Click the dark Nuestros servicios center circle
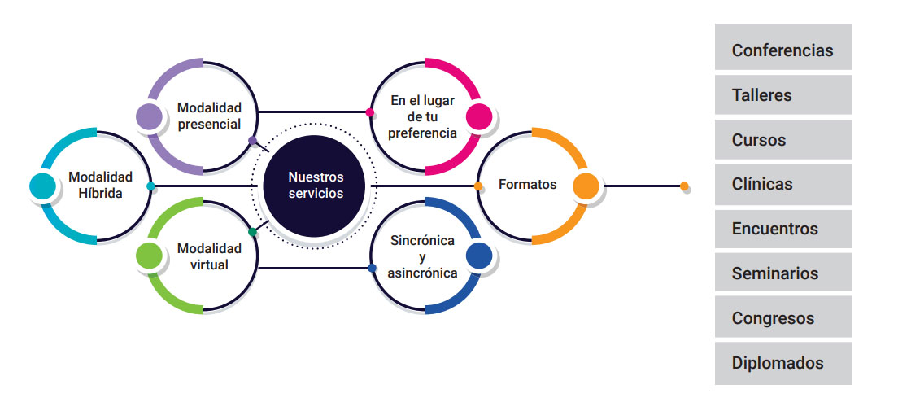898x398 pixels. pos(316,186)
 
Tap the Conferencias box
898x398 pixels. pos(782,50)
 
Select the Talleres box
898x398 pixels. pos(782,94)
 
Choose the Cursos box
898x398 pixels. pos(782,139)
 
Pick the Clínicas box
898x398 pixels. pos(782,184)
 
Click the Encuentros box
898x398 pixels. pos(782,229)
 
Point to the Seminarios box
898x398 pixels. pos(782,273)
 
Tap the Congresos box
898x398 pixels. pos(782,318)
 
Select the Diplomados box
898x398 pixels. pos(782,363)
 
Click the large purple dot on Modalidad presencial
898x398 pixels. pos(149,116)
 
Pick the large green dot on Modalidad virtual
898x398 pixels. pos(150,255)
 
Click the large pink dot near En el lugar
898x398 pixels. pos(479,116)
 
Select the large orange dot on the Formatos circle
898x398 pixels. pos(586,186)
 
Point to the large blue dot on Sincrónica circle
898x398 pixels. pos(479,254)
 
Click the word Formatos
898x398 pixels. pos(527,184)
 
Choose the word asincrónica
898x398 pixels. pos(423,273)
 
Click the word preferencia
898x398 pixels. pos(423,133)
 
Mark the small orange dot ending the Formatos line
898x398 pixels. pos(685,186)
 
